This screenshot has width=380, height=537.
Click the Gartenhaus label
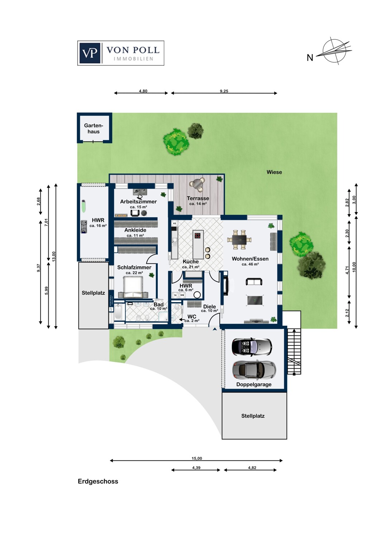[x=94, y=129]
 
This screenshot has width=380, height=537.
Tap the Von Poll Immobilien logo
[x=121, y=53]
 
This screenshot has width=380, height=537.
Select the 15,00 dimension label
[x=197, y=458]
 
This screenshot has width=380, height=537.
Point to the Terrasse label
[x=198, y=198]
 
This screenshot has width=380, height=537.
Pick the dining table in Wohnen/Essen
[x=239, y=240]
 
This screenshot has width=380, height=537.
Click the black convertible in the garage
[x=251, y=347]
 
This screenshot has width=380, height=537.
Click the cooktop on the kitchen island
[x=198, y=236]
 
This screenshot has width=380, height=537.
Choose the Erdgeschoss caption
[x=98, y=482]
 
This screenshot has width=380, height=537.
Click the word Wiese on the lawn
[x=274, y=172]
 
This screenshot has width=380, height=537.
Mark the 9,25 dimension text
[x=224, y=91]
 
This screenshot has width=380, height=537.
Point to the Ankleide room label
[x=135, y=230]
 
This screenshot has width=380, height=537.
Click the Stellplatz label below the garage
[x=253, y=416]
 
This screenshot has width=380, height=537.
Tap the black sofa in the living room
[x=254, y=282]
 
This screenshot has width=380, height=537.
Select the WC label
[x=192, y=316]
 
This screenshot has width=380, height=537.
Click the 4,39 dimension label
[x=196, y=468]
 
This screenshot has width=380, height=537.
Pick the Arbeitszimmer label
[x=138, y=202]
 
